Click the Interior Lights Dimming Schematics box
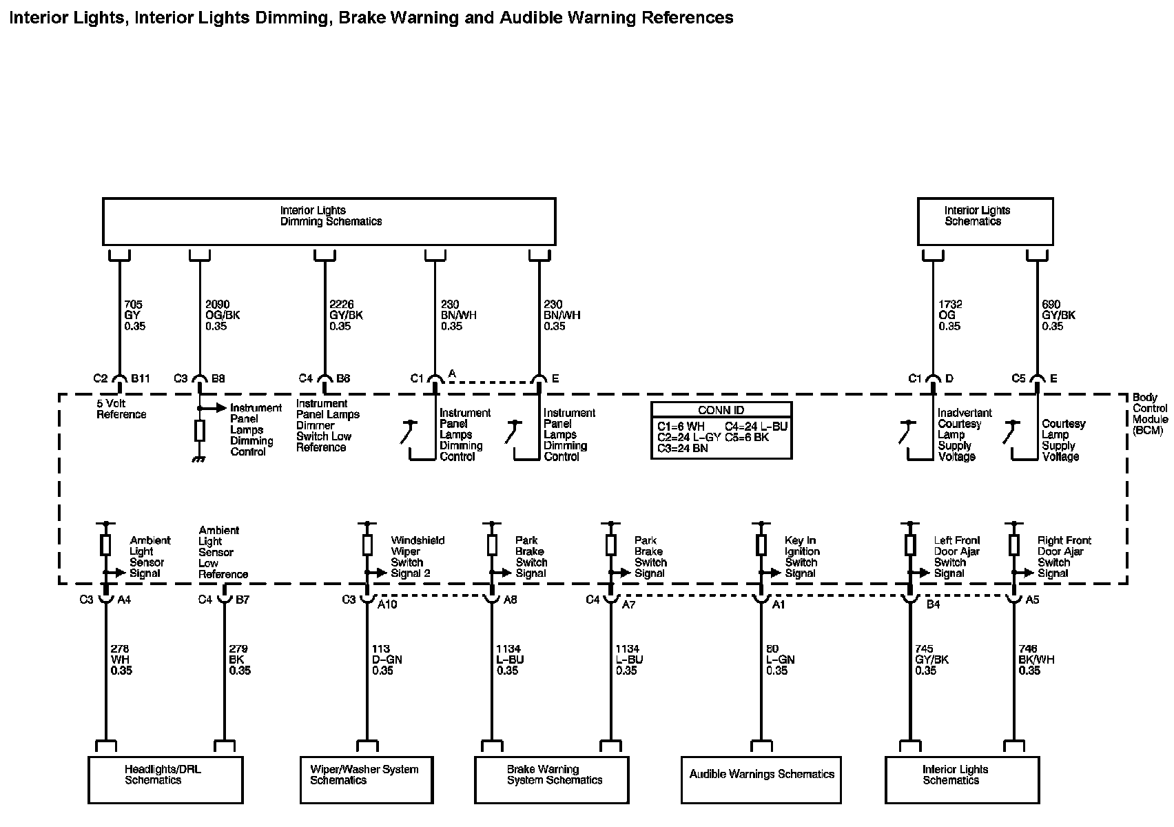click(329, 221)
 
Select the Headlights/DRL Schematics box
click(165, 779)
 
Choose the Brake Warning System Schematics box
click(552, 779)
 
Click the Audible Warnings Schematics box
click(761, 779)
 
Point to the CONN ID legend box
click(721, 430)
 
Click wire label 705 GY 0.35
click(135, 315)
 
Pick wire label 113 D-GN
click(387, 660)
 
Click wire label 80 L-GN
click(780, 660)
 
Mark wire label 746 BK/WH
click(1036, 660)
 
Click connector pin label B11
click(141, 378)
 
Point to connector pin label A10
click(387, 604)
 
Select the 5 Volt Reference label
click(121, 409)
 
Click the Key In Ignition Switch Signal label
click(802, 557)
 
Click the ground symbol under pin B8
click(200, 458)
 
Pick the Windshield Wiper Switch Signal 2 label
click(418, 557)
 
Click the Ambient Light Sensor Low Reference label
click(223, 552)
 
